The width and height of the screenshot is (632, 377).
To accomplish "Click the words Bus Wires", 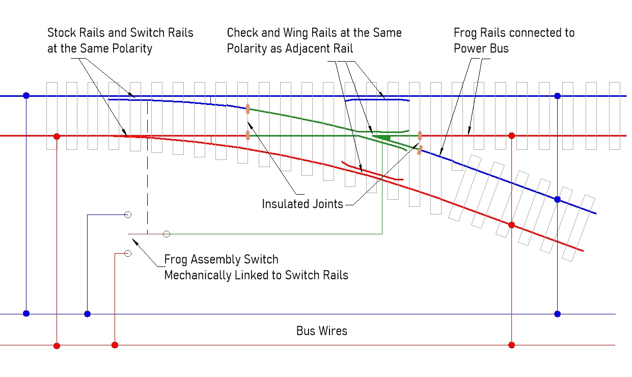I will (x=322, y=331).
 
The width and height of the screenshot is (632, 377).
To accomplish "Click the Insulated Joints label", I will (x=303, y=204).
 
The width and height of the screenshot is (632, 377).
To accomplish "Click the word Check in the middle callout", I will (x=242, y=33).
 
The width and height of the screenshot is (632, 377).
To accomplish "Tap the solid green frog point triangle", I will (x=381, y=137).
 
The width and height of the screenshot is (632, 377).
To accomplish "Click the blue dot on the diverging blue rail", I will (x=558, y=199).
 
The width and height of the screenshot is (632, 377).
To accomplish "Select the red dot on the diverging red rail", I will (x=512, y=225).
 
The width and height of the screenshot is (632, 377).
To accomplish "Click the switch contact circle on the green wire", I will (x=167, y=234).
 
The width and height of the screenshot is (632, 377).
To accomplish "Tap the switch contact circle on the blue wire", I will (x=128, y=215).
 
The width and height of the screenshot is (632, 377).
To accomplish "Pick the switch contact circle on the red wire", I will (x=128, y=253).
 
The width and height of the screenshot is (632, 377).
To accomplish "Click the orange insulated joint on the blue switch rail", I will (x=248, y=109).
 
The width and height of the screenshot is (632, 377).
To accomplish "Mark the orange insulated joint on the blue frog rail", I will (x=420, y=150).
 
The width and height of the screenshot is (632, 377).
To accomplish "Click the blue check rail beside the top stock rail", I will (x=377, y=100).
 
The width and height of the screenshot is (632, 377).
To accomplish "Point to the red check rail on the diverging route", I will (x=372, y=172).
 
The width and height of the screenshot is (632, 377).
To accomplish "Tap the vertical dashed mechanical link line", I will (x=148, y=168).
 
